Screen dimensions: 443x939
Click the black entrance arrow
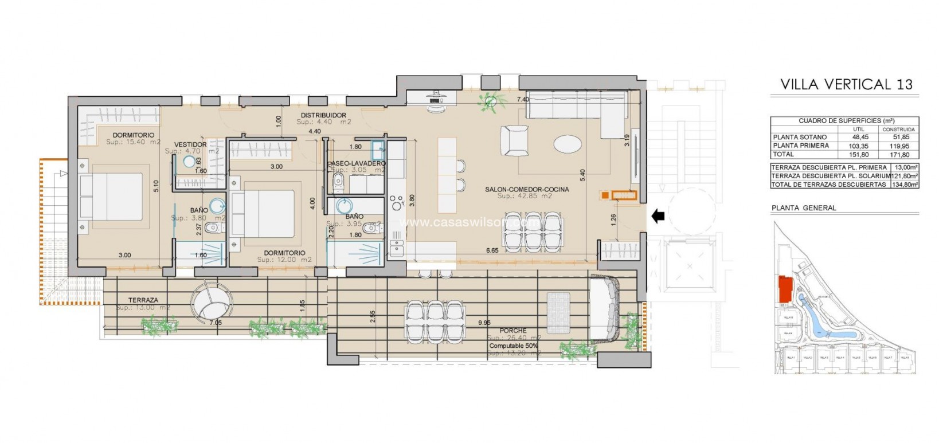(658, 216)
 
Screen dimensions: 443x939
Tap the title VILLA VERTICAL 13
(846, 85)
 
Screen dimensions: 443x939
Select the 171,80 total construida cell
(898, 155)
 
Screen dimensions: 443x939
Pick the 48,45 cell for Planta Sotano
(860, 138)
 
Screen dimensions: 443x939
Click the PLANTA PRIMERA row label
(800, 146)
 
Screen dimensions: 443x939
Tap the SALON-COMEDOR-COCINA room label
(526, 189)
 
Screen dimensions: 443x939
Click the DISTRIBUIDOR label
(323, 115)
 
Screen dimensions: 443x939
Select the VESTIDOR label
(190, 144)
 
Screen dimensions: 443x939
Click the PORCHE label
(512, 331)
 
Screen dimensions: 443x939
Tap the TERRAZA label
(143, 300)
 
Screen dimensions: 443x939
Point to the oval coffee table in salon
(570, 143)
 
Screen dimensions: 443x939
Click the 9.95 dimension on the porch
(484, 323)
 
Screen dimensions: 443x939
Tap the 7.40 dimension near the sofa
(522, 100)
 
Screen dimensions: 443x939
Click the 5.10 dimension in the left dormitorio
(156, 186)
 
